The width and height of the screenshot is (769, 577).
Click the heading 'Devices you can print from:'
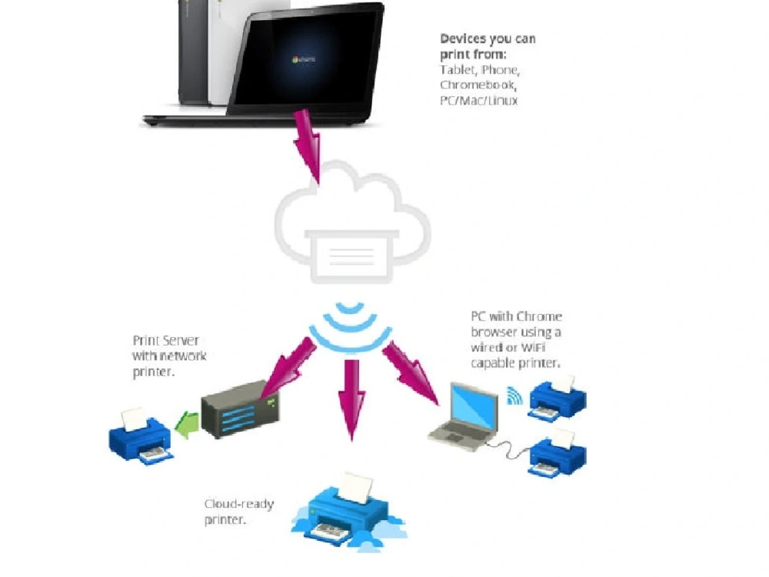(x=488, y=46)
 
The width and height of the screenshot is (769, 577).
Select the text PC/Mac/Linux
(x=478, y=100)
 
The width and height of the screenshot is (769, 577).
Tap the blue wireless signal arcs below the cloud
(x=350, y=327)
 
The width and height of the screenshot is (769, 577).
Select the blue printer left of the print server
(x=141, y=436)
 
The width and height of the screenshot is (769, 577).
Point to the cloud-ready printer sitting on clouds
(x=350, y=508)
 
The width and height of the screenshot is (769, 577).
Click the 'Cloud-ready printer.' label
(x=238, y=512)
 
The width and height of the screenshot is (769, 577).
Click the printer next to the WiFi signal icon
(x=557, y=396)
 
